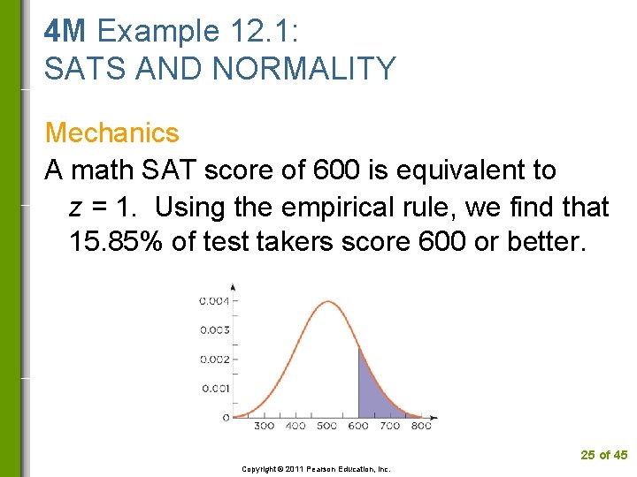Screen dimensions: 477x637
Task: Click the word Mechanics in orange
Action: [111, 133]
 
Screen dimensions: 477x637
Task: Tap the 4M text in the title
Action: [65, 31]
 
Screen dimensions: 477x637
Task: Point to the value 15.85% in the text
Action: [115, 242]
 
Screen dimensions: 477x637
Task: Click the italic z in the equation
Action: [76, 207]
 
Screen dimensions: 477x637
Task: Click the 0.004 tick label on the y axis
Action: [214, 301]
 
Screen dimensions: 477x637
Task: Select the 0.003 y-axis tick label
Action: [214, 330]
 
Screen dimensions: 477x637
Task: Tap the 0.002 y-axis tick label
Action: [214, 360]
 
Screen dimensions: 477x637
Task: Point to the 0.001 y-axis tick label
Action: [214, 388]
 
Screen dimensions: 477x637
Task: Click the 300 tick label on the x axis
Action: [264, 427]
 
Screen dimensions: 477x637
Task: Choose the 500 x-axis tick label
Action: [326, 427]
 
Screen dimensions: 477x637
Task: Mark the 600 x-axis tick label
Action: [358, 427]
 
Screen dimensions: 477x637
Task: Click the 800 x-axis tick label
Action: [421, 427]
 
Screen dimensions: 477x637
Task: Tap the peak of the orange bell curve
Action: [327, 302]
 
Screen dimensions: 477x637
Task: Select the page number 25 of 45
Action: [603, 455]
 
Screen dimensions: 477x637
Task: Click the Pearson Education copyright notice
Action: [316, 469]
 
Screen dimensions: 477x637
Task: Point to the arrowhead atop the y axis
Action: [233, 286]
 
